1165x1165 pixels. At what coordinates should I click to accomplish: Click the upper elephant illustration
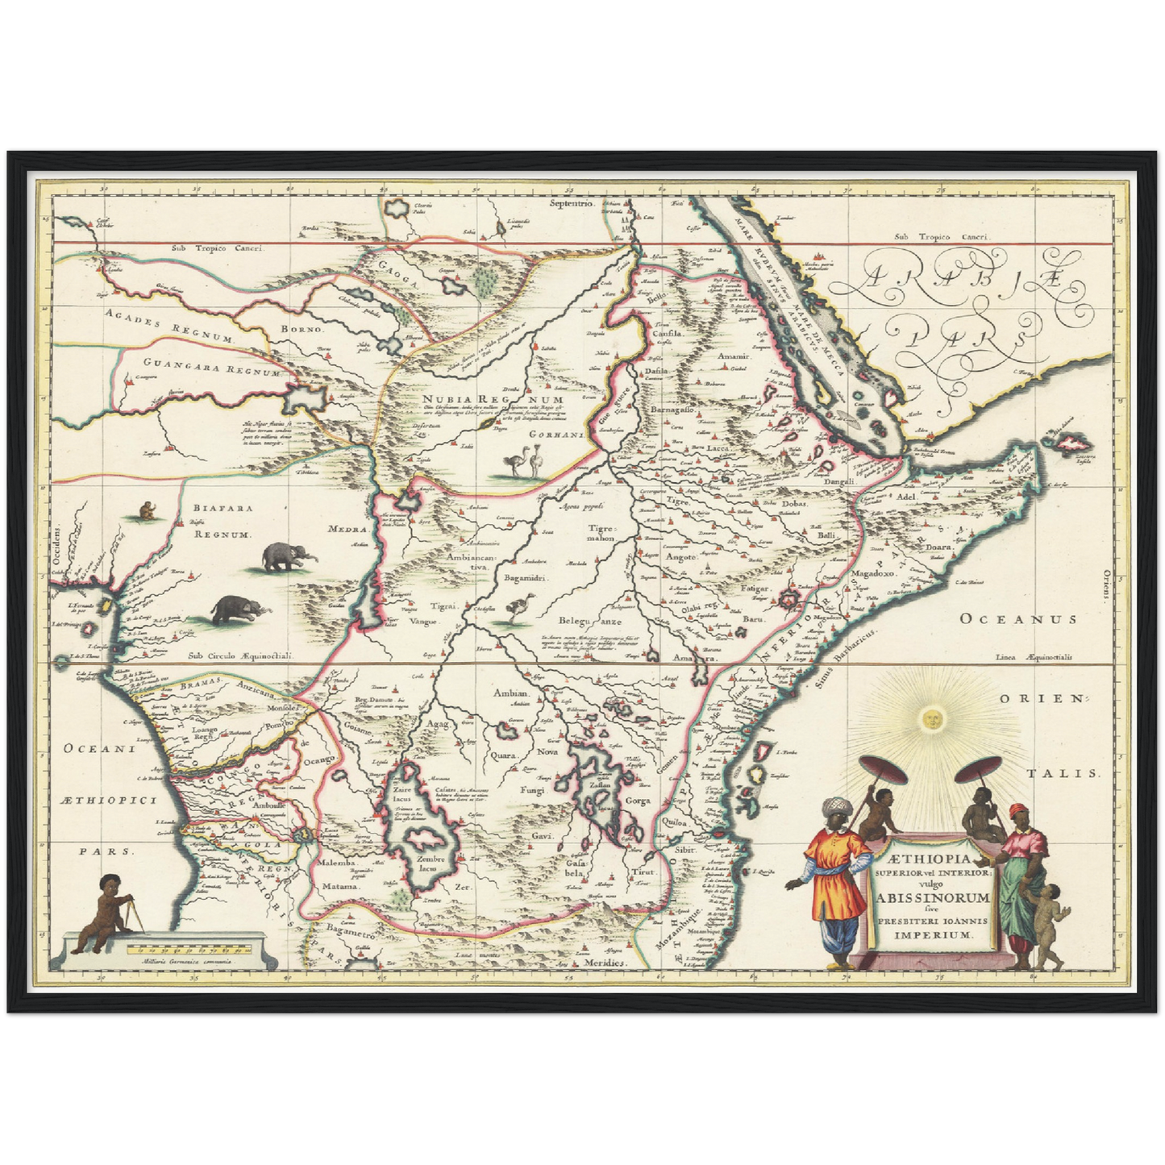(288, 556)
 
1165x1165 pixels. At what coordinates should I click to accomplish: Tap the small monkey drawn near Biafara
(148, 510)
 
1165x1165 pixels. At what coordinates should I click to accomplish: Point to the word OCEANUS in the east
(1017, 619)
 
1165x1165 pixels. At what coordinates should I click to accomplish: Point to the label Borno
(302, 329)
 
